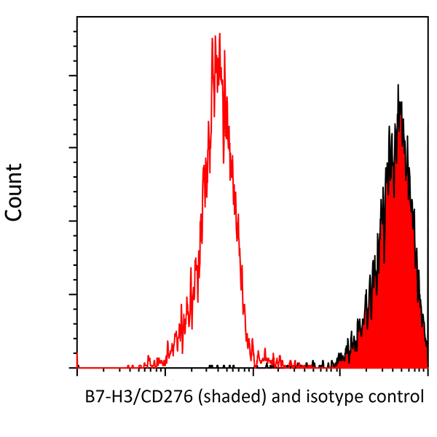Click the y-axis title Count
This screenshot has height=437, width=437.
tap(14, 192)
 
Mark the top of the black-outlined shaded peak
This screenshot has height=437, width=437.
tap(398, 86)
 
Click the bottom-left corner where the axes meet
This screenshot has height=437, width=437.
tap(77, 369)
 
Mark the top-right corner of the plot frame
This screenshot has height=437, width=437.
tap(428, 15)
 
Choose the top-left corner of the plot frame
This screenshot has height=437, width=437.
tap(77, 15)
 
